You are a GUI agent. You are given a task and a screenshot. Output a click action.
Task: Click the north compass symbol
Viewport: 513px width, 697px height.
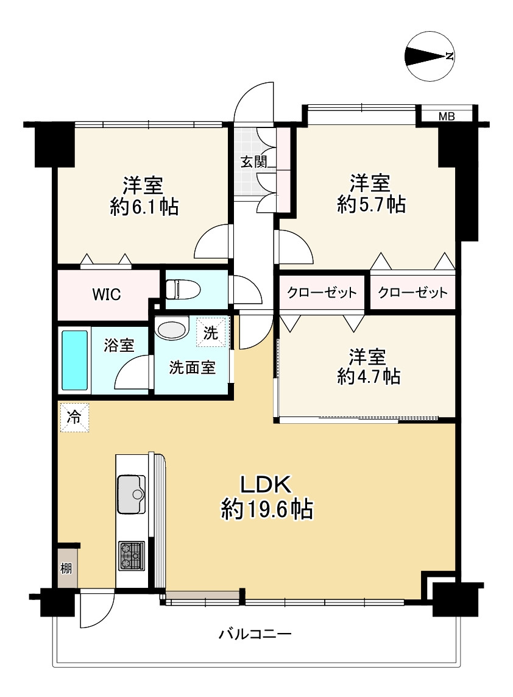point(430,56)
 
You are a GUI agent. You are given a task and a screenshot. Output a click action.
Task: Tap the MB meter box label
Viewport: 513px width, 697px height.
point(447,116)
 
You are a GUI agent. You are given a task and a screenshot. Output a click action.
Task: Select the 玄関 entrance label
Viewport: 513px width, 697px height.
point(254,162)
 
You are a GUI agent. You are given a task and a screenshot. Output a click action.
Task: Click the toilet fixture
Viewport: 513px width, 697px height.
point(183,290)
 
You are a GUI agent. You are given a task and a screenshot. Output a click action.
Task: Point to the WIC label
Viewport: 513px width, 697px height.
point(107,295)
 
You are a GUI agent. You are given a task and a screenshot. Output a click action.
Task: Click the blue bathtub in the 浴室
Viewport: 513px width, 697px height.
point(74,360)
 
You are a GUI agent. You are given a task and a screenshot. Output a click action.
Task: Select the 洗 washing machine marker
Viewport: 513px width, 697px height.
point(211,332)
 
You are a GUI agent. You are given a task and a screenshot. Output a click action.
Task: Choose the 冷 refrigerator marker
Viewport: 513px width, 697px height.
point(74,417)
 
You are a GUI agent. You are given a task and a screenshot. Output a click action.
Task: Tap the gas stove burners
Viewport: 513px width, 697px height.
point(131,556)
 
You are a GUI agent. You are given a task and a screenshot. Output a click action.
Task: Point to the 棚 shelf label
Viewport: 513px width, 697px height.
point(66,568)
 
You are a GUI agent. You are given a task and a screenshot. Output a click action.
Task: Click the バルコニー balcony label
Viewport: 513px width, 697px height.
point(255,634)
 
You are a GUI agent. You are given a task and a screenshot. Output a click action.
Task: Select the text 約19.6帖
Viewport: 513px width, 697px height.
point(267,509)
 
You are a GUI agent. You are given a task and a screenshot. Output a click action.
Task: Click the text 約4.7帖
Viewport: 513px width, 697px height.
point(369,376)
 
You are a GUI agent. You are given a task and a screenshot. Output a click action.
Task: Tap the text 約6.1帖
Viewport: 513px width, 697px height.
point(144,206)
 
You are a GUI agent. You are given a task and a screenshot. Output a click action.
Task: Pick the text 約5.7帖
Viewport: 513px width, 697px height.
point(371,204)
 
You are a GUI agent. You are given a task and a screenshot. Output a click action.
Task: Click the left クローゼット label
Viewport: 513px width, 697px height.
point(322,293)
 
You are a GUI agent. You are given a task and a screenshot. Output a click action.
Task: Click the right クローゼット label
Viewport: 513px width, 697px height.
point(412,293)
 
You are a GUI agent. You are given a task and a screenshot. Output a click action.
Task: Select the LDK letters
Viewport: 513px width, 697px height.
point(266,484)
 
